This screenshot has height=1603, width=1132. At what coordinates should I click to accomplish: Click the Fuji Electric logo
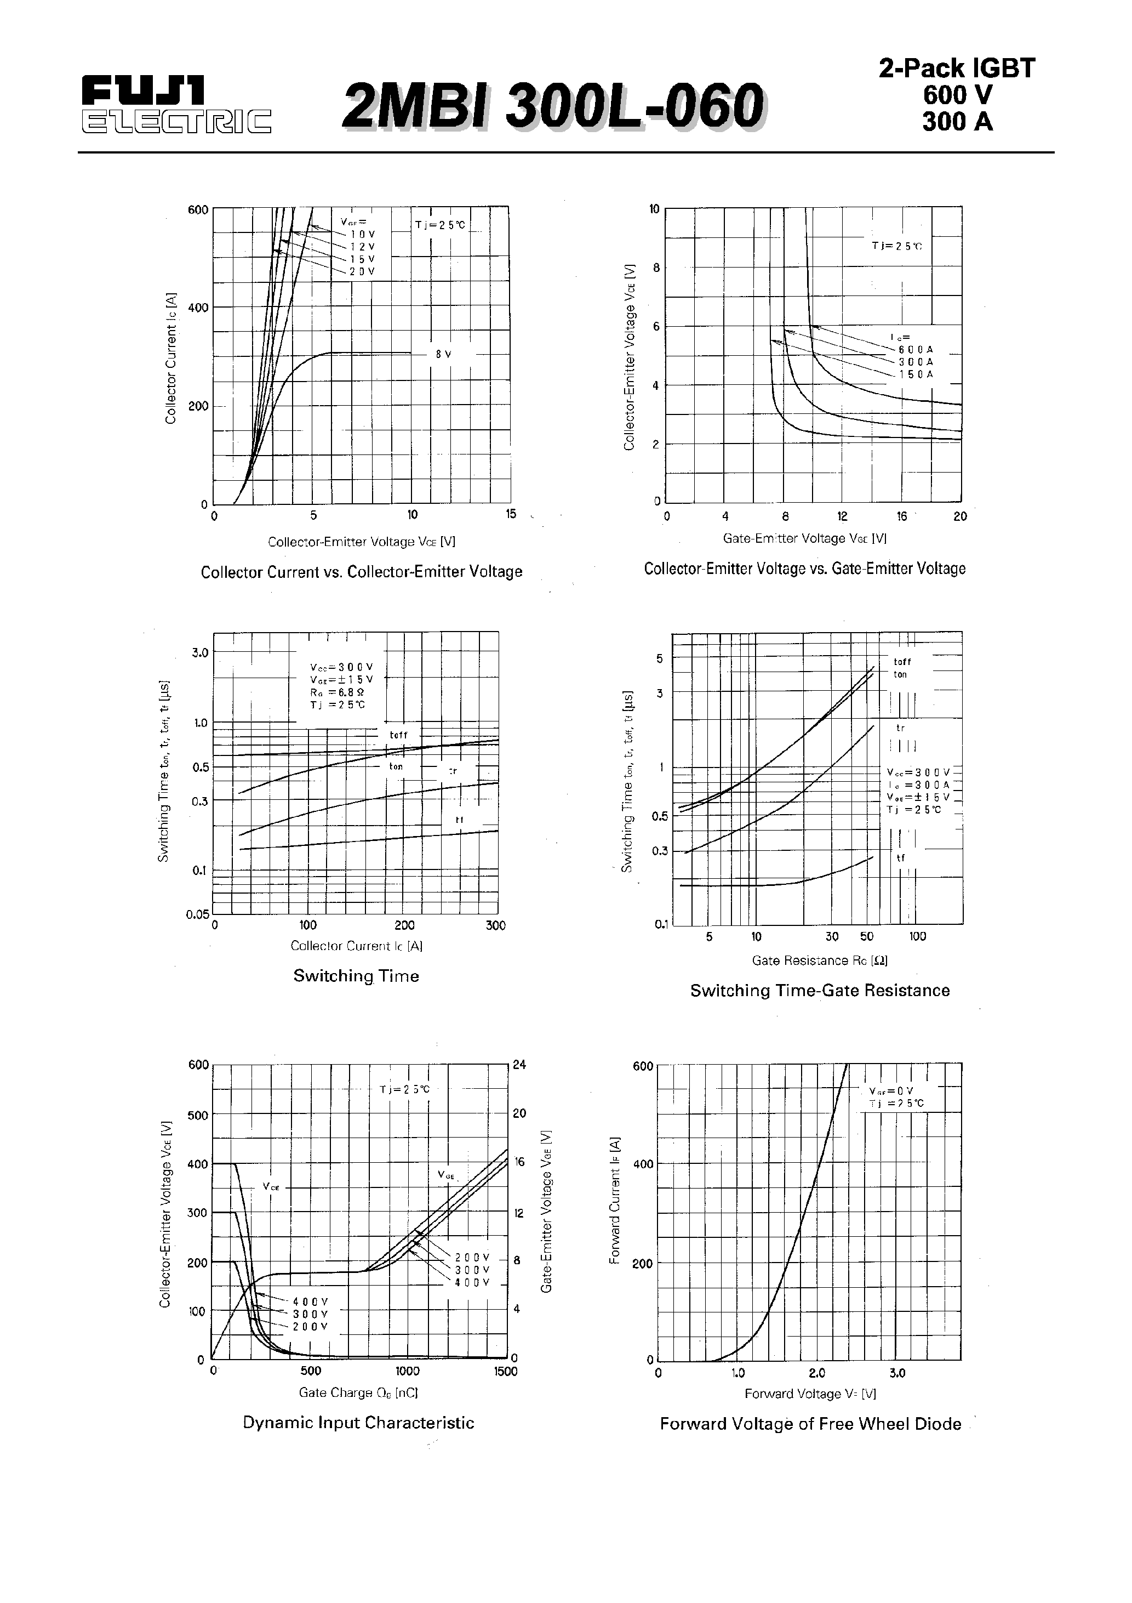(x=175, y=104)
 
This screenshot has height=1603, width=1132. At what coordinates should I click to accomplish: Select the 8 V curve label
(x=443, y=354)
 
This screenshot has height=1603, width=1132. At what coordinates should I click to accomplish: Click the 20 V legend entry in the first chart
(x=362, y=271)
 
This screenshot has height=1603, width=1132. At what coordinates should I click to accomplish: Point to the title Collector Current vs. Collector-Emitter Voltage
(x=361, y=572)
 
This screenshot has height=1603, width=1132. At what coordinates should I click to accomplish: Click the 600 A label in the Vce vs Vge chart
(x=915, y=349)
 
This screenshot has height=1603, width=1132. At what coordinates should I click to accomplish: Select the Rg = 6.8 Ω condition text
(x=337, y=691)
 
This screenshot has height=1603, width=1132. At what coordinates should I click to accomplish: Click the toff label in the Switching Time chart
(x=398, y=735)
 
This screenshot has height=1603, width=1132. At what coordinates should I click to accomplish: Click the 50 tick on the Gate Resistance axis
(x=866, y=936)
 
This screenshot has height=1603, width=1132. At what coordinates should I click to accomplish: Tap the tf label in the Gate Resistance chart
(x=900, y=857)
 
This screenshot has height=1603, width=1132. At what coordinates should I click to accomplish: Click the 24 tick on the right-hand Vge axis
(x=519, y=1065)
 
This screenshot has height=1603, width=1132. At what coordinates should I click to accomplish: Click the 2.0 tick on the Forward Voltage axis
(x=816, y=1373)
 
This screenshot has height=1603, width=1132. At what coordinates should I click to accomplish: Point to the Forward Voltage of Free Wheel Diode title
(x=810, y=1424)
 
